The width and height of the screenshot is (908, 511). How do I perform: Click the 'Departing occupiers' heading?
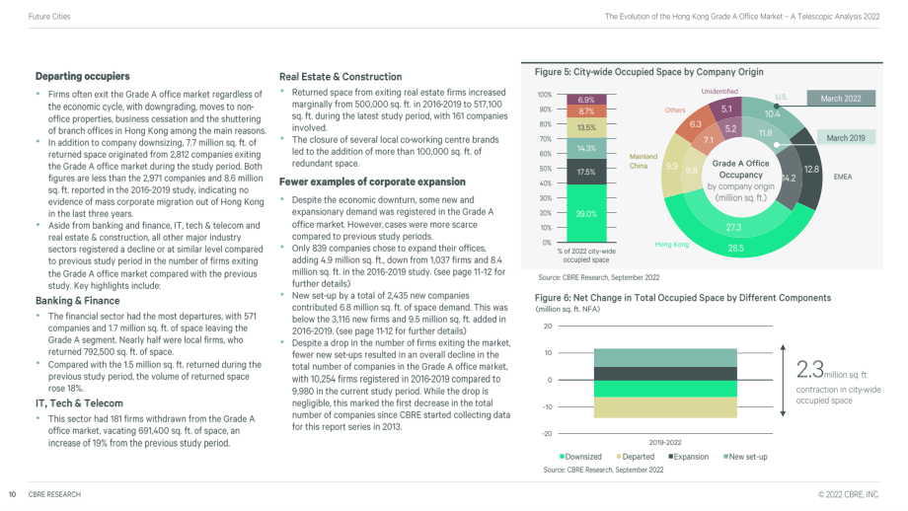82,76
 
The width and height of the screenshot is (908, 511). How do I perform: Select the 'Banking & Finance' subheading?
78,301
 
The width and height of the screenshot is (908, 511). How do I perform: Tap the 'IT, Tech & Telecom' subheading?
79,403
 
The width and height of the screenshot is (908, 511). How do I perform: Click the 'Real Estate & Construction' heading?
340,77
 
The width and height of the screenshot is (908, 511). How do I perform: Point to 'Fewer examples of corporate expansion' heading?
372,182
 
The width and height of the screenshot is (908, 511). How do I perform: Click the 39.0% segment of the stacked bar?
586,213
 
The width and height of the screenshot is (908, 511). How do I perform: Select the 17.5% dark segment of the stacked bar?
586,172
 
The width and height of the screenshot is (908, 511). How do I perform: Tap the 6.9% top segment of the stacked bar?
586,100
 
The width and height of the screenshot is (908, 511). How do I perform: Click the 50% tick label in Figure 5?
545,169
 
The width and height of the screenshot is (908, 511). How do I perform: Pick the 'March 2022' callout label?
840,99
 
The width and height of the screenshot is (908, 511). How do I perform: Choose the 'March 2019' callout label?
846,138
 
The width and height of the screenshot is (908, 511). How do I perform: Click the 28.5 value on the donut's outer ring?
736,249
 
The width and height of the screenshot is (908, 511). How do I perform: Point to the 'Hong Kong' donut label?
672,245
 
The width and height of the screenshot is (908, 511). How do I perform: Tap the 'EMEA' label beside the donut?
843,177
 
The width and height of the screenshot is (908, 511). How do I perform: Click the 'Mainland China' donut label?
643,162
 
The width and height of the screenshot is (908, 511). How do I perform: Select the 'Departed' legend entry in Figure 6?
636,457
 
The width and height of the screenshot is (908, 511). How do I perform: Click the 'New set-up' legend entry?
745,457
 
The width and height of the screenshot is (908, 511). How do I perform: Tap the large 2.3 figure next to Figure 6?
809,369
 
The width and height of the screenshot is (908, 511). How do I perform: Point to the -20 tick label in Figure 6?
547,433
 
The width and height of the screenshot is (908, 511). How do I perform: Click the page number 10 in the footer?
12,494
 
